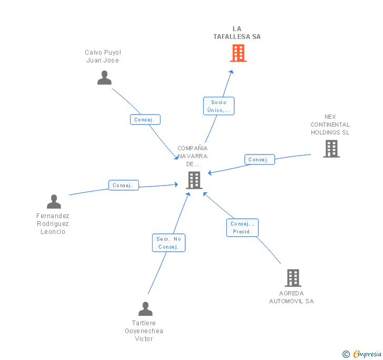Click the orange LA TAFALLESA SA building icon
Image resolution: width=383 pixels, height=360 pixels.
point(238,53)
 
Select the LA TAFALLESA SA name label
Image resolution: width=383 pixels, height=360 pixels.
point(237,33)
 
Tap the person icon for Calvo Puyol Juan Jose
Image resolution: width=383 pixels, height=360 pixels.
point(105,77)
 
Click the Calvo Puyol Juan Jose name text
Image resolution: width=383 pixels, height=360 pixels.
point(103,56)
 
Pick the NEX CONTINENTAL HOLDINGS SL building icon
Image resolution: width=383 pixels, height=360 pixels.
point(331,149)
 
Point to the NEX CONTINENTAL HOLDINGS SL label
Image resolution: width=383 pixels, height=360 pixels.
point(330,125)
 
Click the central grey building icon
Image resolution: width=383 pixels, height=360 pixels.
point(194,180)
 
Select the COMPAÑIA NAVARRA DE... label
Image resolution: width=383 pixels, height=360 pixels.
point(193,156)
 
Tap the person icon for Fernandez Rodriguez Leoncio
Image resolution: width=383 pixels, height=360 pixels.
point(54,202)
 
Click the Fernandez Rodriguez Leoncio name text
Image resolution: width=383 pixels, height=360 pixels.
point(53,223)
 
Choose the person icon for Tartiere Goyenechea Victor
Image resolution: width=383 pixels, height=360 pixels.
point(145,308)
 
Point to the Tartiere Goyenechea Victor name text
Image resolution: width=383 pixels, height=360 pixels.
point(144,331)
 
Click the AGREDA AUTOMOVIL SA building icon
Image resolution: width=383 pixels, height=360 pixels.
point(293,278)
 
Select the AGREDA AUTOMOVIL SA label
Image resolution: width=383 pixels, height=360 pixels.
point(291,297)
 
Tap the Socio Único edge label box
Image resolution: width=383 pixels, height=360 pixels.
point(218,106)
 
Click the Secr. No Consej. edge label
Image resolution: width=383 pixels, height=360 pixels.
point(169,243)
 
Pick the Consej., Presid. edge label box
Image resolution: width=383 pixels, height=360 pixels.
point(243,228)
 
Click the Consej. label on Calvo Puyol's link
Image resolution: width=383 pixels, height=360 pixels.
point(145,120)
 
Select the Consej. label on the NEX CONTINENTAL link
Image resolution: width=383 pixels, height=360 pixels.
point(259,160)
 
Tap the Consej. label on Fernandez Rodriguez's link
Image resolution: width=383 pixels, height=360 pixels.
point(124,186)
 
